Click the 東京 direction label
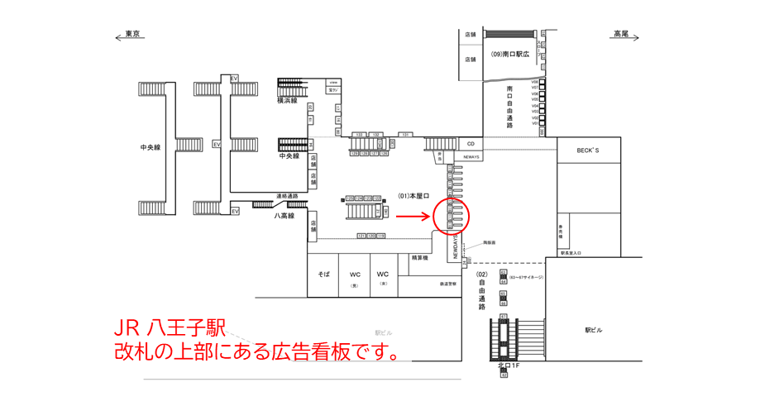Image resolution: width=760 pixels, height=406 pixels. coord(132,34)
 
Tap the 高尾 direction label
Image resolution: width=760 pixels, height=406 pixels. coord(621,34)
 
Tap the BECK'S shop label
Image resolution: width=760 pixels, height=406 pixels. coord(588,150)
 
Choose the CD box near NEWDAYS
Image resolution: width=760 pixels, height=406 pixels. coord(470,144)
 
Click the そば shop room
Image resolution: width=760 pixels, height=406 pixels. coord(324,274)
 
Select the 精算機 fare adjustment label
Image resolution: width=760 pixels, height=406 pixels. coord(420,258)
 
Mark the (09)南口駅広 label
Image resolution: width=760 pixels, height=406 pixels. coord(509,54)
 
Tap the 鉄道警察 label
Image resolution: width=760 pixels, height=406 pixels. coord(449,284)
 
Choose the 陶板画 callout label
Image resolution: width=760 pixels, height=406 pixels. coord(489,242)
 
